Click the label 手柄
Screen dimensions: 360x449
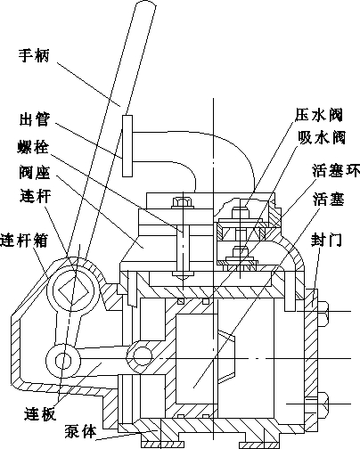(x=34, y=55)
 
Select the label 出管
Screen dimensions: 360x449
(x=35, y=119)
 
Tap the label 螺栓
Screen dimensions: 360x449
(x=33, y=147)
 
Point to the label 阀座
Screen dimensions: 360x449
(x=35, y=173)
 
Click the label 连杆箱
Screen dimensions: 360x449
(x=24, y=240)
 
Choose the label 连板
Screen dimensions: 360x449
(x=40, y=413)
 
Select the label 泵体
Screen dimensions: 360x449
(x=81, y=432)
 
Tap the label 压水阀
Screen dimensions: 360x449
(x=319, y=115)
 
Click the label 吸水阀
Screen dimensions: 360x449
(x=322, y=137)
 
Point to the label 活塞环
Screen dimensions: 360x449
(x=336, y=171)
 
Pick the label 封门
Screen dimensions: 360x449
(x=326, y=240)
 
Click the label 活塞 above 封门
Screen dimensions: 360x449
(x=329, y=199)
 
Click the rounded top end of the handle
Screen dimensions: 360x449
(x=146, y=5)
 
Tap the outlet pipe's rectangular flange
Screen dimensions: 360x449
(x=127, y=146)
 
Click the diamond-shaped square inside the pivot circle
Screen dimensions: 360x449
(x=73, y=291)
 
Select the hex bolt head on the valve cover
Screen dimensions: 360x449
(x=183, y=202)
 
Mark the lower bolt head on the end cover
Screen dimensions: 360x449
(x=323, y=404)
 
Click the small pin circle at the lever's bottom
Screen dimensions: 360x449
(x=63, y=361)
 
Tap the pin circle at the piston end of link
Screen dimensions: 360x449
(x=142, y=355)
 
